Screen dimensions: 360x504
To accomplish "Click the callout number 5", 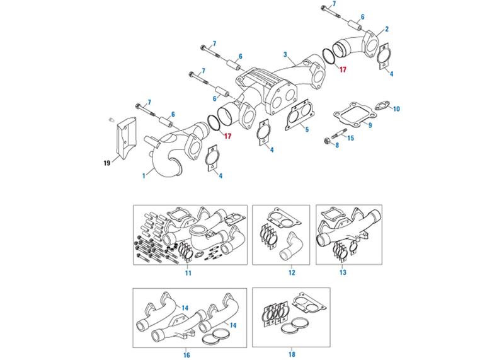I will [x=306, y=130].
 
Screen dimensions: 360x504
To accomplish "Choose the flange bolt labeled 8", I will [x=331, y=140].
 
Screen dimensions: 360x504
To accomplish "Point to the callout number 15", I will [x=351, y=137].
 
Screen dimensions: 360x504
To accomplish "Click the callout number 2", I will [x=386, y=29].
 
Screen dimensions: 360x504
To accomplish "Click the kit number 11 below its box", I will [x=188, y=273].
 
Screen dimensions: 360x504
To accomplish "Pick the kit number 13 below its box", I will [x=343, y=273].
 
